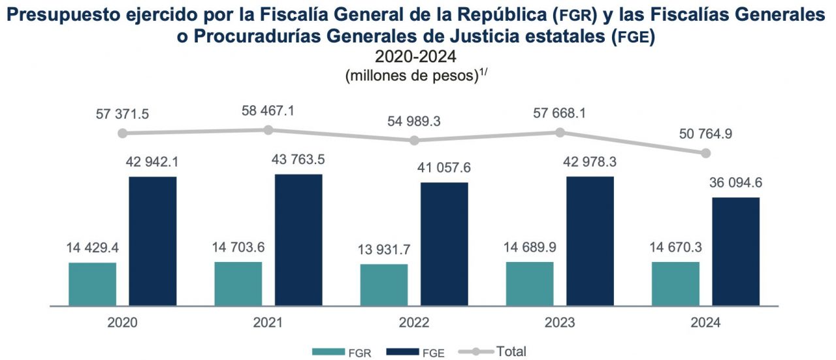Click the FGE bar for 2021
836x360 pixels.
pos(298,240)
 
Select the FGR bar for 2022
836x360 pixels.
pos(384,285)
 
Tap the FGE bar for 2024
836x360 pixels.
pos(736,252)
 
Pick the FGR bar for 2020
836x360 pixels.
pos(92,284)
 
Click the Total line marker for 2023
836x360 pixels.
pos(560,132)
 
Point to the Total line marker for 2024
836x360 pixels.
pos(705,153)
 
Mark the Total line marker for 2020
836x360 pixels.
pos(122,133)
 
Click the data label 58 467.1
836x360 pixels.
pos(268,110)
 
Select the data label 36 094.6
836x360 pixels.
pos(736,182)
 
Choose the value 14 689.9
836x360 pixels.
pos(530,247)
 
